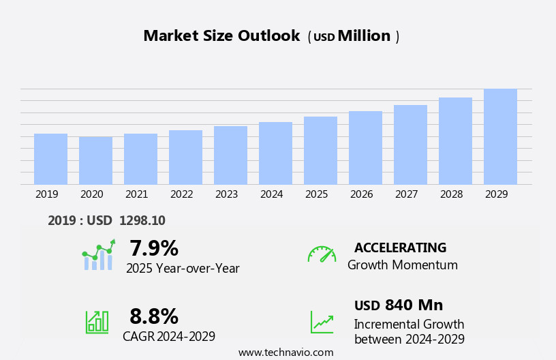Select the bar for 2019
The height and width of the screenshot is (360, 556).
pos(50,159)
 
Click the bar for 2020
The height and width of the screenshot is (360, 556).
pos(95,161)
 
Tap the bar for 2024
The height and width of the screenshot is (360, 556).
pos(275,153)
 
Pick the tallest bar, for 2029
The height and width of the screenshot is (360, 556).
pos(500,136)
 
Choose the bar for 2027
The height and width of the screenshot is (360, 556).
pos(410,145)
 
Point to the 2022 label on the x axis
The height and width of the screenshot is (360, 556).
pos(181,194)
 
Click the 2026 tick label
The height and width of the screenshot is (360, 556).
pos(361,194)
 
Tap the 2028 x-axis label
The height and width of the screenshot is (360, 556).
pos(451,194)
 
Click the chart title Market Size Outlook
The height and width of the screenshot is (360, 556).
pos(221,36)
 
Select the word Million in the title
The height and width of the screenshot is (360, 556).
pos(364,36)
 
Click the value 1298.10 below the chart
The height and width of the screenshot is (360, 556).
pos(142,221)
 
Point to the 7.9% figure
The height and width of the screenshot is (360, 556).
pos(154,248)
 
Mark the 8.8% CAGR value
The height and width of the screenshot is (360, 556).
pos(154,316)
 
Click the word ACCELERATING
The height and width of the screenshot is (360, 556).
pos(400,248)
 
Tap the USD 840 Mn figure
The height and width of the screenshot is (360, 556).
pos(399,305)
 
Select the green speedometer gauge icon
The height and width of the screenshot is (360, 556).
pos(322,254)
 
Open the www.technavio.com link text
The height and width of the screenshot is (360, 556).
pos(285,352)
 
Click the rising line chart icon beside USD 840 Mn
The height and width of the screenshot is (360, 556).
pos(322,322)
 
